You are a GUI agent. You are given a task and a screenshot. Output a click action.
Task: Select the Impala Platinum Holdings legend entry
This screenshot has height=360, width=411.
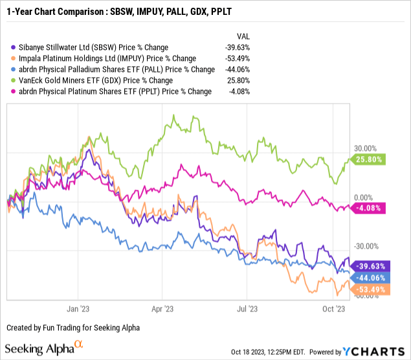94,58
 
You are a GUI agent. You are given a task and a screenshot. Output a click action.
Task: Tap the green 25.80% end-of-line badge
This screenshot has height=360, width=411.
369,159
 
